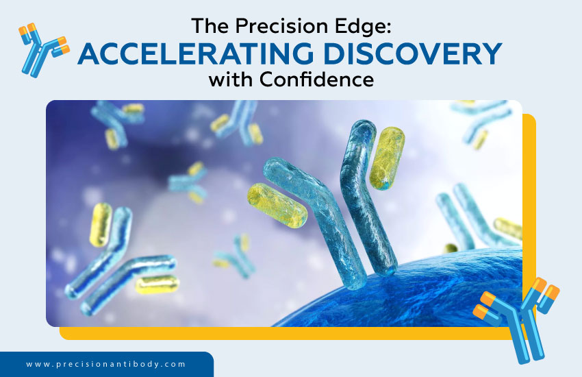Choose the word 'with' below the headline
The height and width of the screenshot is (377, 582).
(231, 80)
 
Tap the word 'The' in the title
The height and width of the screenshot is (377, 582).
(208, 26)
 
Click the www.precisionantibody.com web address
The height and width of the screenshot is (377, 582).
(106, 364)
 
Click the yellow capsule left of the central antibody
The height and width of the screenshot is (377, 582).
(277, 205)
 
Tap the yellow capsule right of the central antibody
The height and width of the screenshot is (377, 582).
(387, 158)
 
